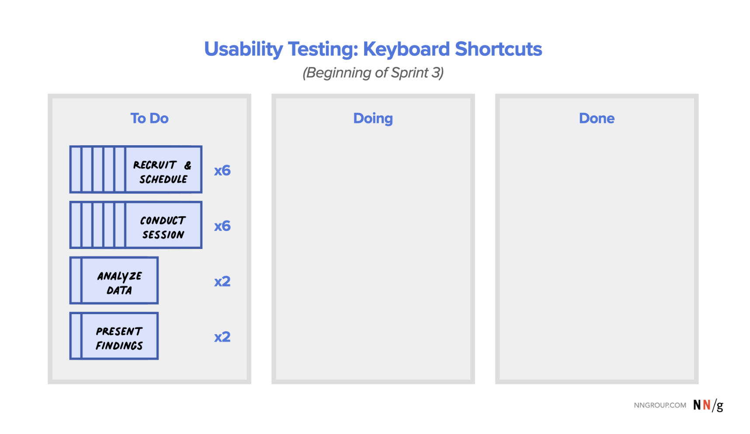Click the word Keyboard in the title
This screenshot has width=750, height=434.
point(406,49)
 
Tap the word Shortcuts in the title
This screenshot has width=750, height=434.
point(498,49)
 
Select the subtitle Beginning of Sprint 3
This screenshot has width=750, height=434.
point(373,73)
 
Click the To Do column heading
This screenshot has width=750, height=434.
point(149,118)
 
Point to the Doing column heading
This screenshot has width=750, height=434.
point(373,119)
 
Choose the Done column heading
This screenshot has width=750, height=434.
point(597,118)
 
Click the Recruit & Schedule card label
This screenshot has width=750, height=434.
point(163,172)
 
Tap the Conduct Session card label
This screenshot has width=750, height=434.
point(163,227)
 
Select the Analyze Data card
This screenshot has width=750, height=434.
point(114,280)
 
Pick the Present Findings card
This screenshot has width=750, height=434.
point(114,336)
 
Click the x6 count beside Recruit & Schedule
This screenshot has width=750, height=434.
point(222,171)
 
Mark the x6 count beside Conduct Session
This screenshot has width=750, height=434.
point(222,226)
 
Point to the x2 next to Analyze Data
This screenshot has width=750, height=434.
point(222,281)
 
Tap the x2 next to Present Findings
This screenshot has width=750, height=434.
point(222,337)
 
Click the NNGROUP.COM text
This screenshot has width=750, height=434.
point(660,405)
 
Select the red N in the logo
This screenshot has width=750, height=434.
point(707,405)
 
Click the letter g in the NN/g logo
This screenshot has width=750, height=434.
point(719,406)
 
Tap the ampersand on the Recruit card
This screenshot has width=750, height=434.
point(187,165)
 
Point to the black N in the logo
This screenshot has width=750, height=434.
point(697,405)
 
